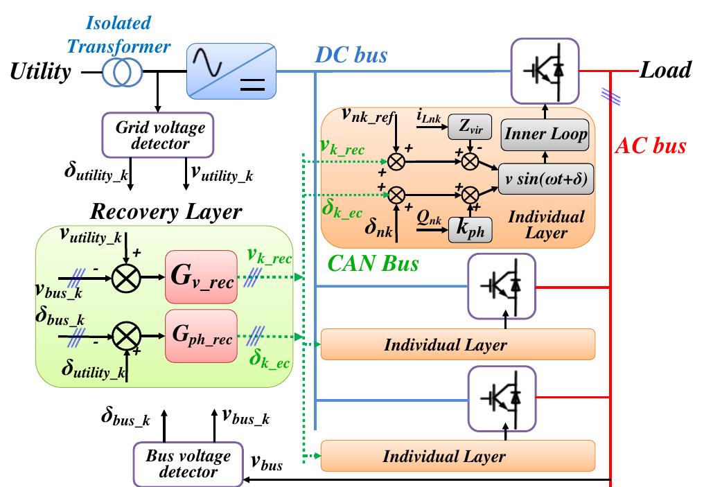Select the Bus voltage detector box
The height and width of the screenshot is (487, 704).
coord(188,463)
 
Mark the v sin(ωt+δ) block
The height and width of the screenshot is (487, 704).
coord(545,178)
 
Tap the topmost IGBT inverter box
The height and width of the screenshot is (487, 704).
coord(545,71)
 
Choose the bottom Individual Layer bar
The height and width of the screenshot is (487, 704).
coord(457,456)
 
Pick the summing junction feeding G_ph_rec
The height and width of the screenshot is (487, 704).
coord(127,336)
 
